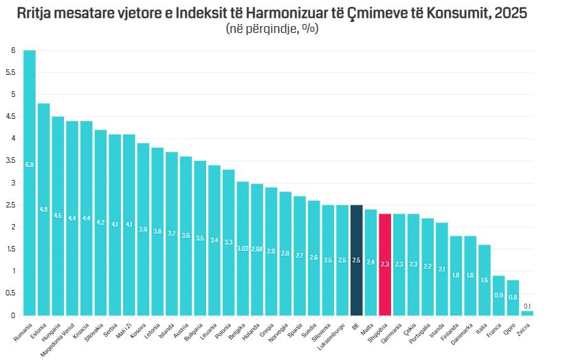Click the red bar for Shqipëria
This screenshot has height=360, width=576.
point(385,265)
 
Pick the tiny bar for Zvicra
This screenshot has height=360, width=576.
point(527,313)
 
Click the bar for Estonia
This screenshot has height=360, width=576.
point(44,209)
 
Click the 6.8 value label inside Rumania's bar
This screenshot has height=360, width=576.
point(30,165)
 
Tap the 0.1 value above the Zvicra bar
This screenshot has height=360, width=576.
point(527,306)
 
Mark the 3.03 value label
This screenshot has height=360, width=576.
point(243,249)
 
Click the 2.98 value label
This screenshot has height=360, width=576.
point(256,249)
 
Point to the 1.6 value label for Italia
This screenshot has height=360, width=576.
point(484,280)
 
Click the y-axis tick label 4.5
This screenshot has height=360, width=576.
point(12,117)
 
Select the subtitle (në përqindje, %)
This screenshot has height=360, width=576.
point(272,30)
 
